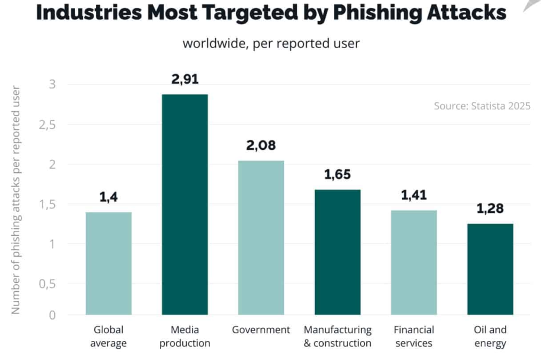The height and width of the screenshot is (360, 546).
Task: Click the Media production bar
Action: tap(185, 204)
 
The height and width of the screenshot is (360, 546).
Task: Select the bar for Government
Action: tap(261, 237)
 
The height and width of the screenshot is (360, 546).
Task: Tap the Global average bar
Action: tap(109, 263)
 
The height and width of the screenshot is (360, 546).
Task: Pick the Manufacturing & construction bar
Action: tap(338, 252)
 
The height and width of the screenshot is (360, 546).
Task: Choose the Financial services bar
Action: tap(414, 262)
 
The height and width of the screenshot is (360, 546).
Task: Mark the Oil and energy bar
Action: tap(490, 269)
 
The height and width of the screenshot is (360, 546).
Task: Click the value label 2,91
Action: tap(185, 79)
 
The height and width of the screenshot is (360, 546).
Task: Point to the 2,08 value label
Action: tap(261, 145)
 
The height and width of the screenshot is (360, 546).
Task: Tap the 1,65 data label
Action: tap(338, 174)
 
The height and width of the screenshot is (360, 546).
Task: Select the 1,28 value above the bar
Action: tap(490, 209)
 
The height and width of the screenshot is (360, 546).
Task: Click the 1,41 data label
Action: tap(414, 195)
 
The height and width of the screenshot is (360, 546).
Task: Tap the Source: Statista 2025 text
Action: tap(482, 106)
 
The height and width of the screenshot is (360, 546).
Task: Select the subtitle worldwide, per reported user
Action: tap(271, 43)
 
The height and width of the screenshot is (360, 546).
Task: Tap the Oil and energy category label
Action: tap(490, 337)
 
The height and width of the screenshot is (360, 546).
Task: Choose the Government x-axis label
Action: tap(261, 330)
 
